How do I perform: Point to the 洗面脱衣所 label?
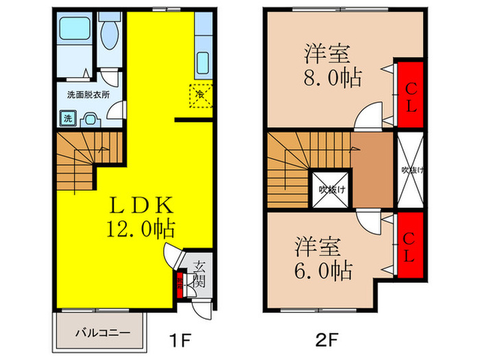(x=88, y=95)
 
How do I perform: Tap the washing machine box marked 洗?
(x=68, y=118)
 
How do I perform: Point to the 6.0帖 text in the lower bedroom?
(x=322, y=269)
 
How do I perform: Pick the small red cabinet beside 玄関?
(x=180, y=285)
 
